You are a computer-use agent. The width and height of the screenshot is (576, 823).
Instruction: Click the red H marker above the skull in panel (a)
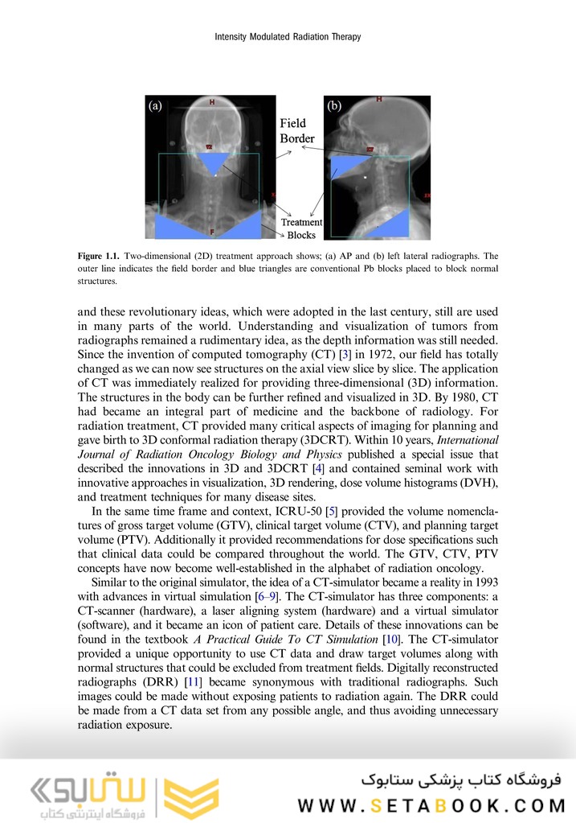click(x=212, y=102)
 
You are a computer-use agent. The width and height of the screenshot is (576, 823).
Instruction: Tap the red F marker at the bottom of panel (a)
click(x=212, y=232)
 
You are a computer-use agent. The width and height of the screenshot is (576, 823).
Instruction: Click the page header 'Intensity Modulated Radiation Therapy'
click(x=288, y=36)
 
